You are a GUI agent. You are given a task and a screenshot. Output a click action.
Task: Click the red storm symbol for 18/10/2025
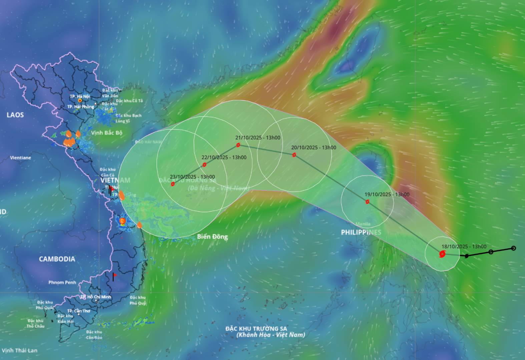(x=442, y=255)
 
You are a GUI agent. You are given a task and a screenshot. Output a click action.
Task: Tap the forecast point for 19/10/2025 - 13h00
(x=367, y=202)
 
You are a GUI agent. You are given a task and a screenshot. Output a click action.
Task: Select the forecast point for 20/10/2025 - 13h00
(x=294, y=155)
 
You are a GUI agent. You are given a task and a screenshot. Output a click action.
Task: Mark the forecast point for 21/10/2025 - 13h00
(x=238, y=145)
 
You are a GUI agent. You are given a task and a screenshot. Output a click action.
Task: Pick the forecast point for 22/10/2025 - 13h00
(x=204, y=165)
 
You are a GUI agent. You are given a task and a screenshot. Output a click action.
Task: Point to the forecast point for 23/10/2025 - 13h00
(x=173, y=184)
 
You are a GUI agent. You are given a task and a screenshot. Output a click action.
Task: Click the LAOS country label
(x=15, y=115)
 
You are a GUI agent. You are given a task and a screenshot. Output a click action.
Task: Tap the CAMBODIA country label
(x=57, y=259)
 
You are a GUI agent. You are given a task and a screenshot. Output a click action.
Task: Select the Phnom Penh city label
(x=62, y=282)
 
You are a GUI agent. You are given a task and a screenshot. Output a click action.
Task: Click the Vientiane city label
(x=20, y=158)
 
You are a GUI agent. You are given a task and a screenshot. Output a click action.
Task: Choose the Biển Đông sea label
(x=212, y=237)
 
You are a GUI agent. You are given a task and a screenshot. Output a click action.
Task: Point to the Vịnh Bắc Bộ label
(x=107, y=133)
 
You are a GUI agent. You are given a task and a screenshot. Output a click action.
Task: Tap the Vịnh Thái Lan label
(x=20, y=350)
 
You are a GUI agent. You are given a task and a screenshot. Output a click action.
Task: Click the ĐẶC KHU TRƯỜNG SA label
(x=256, y=329)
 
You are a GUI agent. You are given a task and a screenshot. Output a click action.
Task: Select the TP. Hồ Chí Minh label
(x=96, y=297)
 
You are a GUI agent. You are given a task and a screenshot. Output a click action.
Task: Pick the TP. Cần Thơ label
(x=79, y=311)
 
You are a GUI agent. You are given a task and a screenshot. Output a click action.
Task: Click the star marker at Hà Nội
(x=80, y=100)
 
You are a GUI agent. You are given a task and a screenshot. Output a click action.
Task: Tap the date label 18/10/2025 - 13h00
(x=464, y=247)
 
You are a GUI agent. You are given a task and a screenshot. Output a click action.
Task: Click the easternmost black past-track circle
(x=514, y=248)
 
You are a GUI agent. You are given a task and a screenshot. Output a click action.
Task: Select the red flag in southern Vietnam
(x=115, y=275)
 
